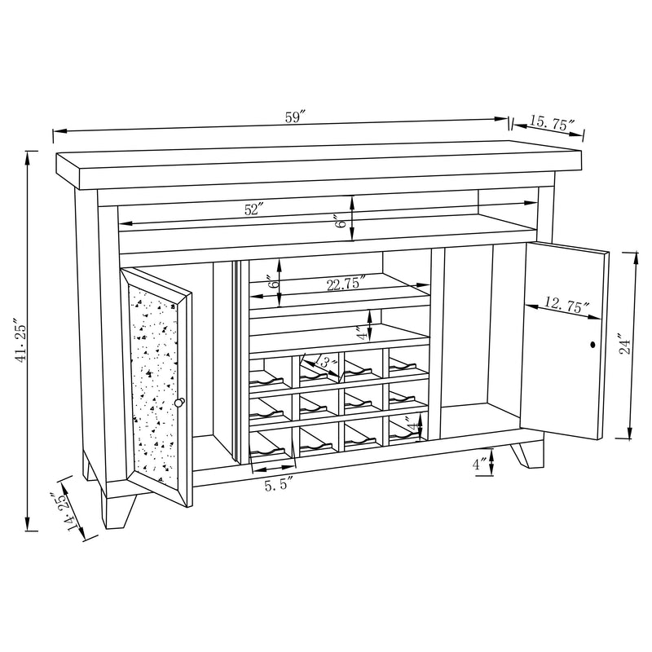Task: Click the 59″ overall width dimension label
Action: [294, 117]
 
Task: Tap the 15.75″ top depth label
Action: [552, 123]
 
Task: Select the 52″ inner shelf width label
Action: [254, 209]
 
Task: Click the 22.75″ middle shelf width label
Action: [346, 284]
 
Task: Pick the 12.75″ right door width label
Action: [562, 306]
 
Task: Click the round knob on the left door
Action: [179, 403]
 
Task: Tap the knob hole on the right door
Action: [593, 346]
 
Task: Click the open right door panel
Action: [564, 342]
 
